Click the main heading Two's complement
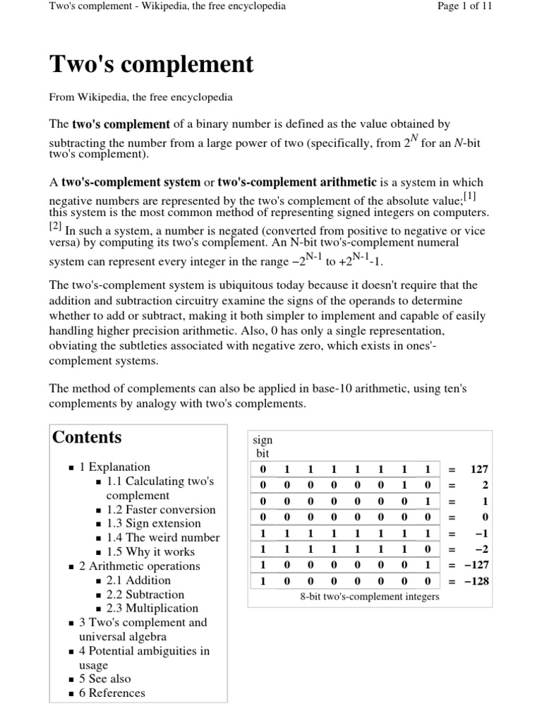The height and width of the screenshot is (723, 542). click(151, 64)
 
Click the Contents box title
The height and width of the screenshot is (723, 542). click(87, 437)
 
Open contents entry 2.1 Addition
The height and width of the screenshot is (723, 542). click(138, 580)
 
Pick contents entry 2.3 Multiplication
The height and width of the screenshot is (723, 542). click(152, 608)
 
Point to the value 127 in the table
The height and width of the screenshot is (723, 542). click(479, 469)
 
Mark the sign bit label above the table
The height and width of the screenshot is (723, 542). click(263, 446)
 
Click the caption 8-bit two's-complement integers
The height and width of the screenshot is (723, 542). click(369, 597)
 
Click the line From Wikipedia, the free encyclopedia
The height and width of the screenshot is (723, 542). click(140, 97)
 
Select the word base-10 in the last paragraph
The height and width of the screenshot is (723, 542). click(294, 390)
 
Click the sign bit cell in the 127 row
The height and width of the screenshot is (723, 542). click(263, 469)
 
